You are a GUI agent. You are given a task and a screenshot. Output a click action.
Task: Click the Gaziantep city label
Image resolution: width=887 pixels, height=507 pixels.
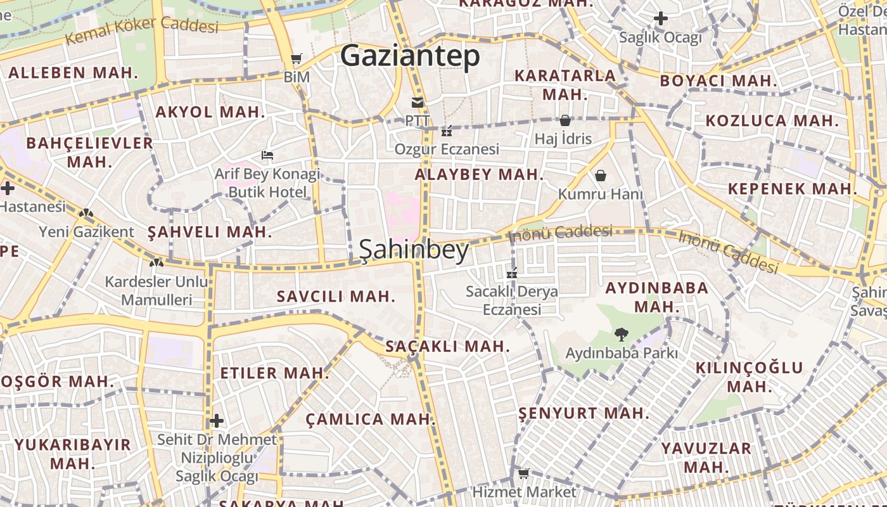coord(410,56)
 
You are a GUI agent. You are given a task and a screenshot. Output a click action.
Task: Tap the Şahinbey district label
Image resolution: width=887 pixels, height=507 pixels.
coord(414,250)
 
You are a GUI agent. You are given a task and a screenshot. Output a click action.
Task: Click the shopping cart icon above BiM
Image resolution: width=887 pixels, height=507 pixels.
coord(296,59)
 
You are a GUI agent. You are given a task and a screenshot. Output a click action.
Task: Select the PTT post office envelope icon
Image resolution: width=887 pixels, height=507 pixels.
coord(417,103)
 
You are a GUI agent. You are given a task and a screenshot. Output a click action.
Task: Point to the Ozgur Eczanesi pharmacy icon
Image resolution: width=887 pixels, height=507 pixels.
coord(447,132)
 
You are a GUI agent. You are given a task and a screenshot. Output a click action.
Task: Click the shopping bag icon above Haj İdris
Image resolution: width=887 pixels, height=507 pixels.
coord(564,120)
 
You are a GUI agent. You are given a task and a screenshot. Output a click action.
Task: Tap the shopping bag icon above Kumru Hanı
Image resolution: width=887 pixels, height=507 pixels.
coord(600,176)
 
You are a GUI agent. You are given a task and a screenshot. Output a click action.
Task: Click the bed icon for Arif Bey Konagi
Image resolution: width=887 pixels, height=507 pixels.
coord(267,155)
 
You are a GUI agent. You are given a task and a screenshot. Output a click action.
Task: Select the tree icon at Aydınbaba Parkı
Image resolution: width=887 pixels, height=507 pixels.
coord(621,334)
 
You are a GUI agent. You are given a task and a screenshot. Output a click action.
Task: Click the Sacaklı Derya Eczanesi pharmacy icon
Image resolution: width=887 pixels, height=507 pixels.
coord(512,274)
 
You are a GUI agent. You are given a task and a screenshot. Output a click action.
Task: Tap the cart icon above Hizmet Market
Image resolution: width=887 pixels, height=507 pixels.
coord(523,473)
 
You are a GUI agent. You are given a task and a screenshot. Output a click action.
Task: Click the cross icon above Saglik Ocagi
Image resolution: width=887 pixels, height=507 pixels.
coord(660,18)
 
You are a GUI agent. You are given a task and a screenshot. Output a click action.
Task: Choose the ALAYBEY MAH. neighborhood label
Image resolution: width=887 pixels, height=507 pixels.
coord(479,174)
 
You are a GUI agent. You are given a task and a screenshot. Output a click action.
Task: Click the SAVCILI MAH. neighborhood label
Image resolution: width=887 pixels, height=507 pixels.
coord(336,296)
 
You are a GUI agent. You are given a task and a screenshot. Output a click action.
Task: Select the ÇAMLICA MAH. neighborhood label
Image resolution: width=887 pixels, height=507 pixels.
coord(371,419)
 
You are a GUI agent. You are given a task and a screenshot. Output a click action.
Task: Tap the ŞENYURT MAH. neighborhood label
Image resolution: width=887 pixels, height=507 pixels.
coord(584,413)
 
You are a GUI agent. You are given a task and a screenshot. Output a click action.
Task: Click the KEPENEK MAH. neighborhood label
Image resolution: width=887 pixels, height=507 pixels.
coord(792,188)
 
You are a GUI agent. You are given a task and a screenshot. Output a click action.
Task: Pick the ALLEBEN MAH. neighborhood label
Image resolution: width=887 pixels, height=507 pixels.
coord(73,72)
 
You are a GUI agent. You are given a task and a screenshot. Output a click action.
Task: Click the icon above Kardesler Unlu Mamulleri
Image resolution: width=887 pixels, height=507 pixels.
coord(156,262)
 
